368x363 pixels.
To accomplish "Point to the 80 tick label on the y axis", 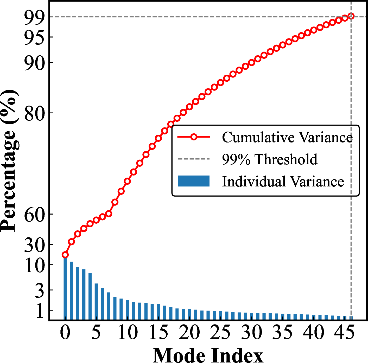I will coord(35,113).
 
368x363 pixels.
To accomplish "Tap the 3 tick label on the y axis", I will coord(40,290).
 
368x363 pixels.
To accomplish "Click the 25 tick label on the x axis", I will coord(220,332).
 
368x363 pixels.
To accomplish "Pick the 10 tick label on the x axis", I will coord(128,332).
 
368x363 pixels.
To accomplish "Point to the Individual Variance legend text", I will coord(283,181).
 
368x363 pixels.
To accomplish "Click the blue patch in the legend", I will coord(194,181).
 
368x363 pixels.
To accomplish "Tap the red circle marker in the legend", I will coord(194,137).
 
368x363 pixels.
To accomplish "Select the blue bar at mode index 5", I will coord(96,301).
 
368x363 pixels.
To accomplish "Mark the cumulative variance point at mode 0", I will coord(65,255).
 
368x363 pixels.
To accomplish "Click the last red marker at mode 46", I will coord(351,16).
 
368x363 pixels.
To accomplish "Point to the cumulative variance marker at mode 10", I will coord(127,181).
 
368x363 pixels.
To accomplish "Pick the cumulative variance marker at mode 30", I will coord(251,63).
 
